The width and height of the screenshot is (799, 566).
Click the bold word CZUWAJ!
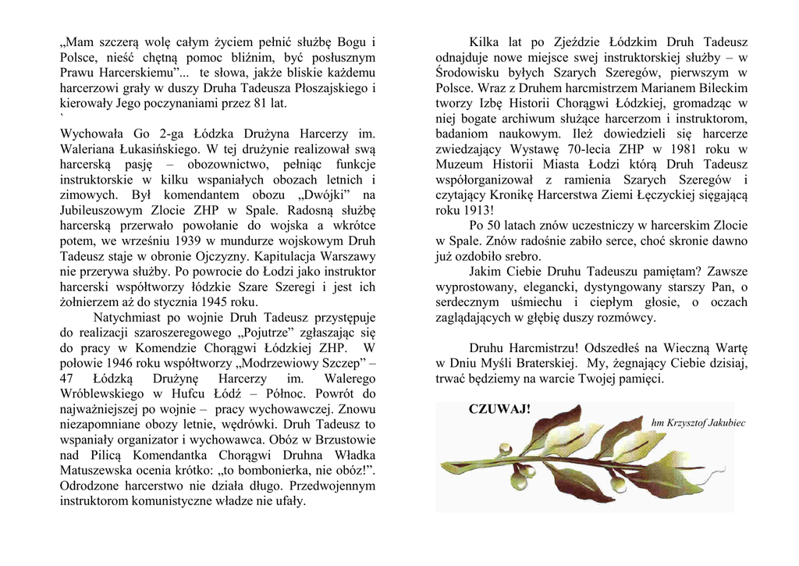coord(499,409)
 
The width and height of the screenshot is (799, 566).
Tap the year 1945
coord(215,301)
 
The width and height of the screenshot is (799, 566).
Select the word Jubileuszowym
coord(98,209)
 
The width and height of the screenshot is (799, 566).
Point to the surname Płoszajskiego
coord(327,87)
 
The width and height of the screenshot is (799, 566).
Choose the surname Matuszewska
coord(95,470)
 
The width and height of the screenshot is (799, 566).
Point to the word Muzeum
coord(460,164)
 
